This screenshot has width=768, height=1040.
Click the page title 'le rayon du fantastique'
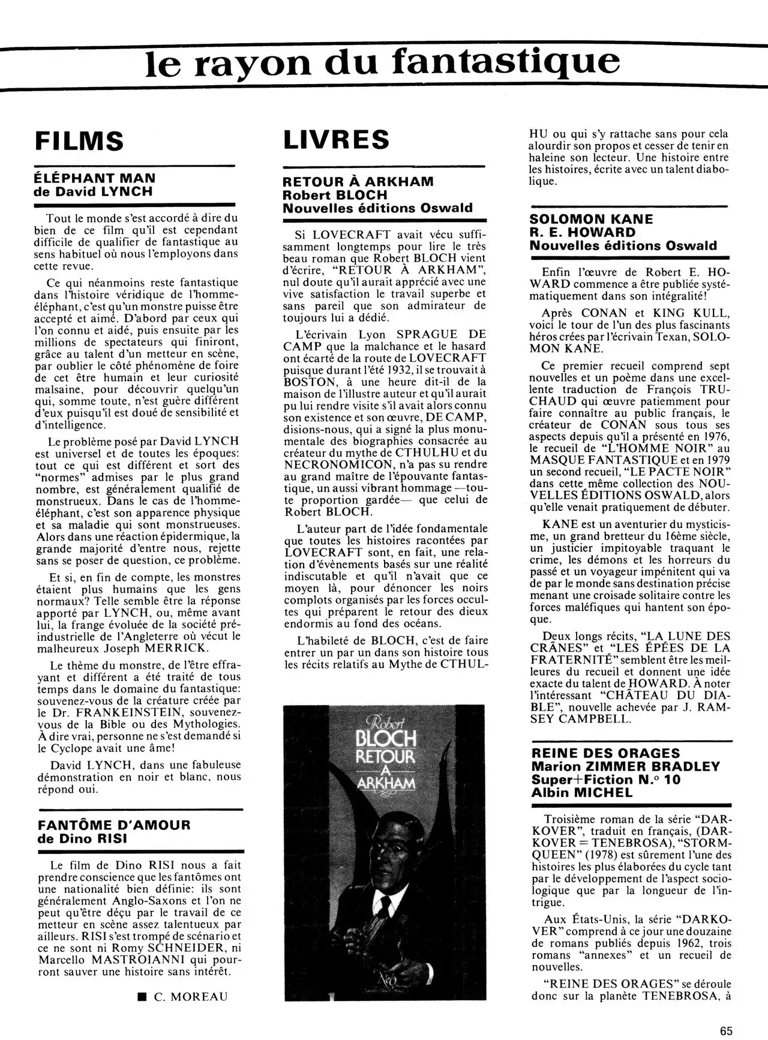[x=383, y=61]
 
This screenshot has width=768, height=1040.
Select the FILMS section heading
[x=80, y=142]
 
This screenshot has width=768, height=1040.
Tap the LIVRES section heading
[x=336, y=140]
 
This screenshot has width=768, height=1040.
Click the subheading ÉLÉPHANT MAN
[x=96, y=178]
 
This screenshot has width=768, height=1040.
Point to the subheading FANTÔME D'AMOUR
[x=113, y=824]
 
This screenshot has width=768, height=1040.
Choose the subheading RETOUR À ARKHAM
[x=358, y=181]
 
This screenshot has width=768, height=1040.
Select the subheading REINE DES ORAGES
[x=606, y=753]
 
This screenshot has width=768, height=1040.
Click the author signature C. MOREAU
[x=191, y=997]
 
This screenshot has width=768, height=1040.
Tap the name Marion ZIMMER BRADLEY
[x=625, y=766]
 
